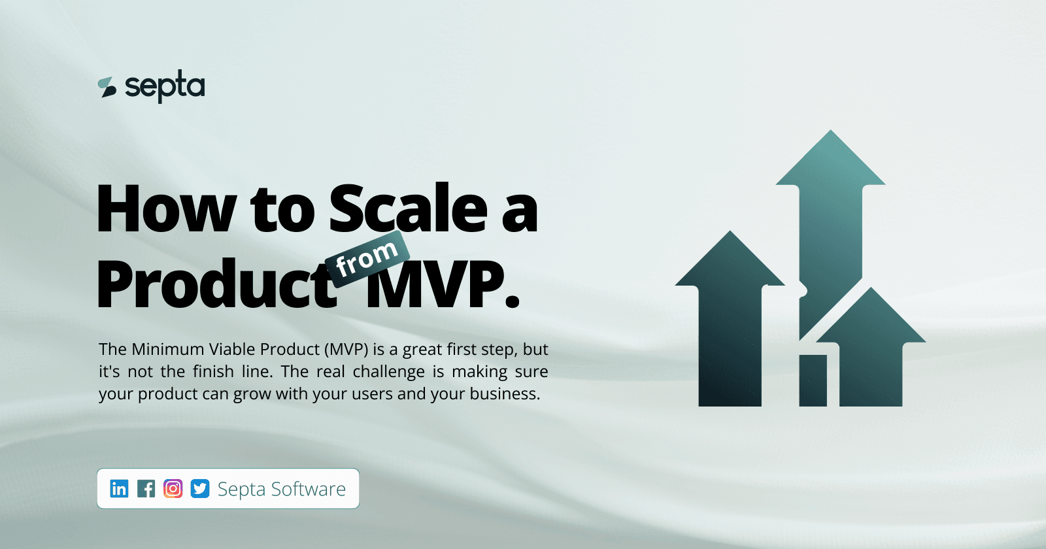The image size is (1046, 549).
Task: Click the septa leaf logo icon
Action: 107,88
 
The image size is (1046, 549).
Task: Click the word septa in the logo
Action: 165,87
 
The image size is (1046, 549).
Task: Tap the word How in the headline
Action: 166,209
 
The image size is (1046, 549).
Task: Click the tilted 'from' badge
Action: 367,258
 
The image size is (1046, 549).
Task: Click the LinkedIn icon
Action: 119,488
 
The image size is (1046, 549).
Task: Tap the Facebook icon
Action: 146,488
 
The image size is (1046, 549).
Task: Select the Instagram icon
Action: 173,488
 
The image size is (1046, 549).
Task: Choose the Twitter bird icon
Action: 200,488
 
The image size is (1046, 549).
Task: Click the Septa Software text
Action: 282,489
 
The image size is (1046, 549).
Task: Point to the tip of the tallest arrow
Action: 831,134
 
